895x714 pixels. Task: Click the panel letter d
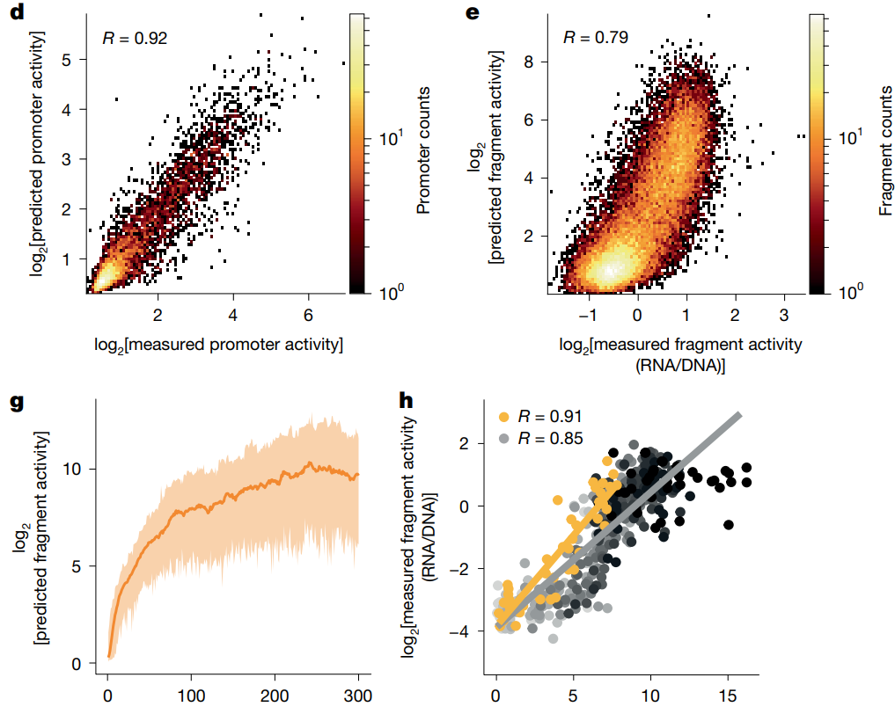click(x=16, y=14)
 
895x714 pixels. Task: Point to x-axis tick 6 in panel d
click(x=308, y=314)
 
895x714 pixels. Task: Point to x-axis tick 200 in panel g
click(x=274, y=694)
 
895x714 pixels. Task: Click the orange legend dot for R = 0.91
click(x=503, y=415)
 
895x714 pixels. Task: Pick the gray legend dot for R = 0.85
click(x=503, y=437)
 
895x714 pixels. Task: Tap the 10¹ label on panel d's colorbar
click(x=388, y=138)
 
